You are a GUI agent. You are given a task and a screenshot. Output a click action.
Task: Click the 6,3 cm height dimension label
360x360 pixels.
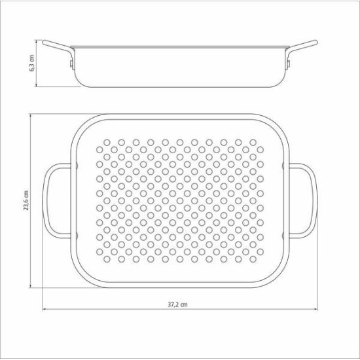(31, 63)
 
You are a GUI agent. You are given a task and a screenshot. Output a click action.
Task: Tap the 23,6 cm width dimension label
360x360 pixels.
(26, 200)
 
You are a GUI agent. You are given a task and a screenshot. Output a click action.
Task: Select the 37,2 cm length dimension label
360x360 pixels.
(177, 304)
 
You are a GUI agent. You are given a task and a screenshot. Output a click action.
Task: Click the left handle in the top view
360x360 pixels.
(46, 201)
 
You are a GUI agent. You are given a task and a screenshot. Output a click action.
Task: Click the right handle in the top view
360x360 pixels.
(314, 201)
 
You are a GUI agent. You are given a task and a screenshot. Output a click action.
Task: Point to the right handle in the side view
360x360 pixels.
(302, 45)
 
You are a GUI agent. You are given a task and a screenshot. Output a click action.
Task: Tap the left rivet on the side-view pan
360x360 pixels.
(71, 64)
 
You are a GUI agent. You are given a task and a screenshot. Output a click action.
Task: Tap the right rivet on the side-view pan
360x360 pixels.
(289, 64)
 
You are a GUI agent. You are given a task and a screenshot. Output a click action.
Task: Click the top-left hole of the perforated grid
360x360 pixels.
(107, 143)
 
